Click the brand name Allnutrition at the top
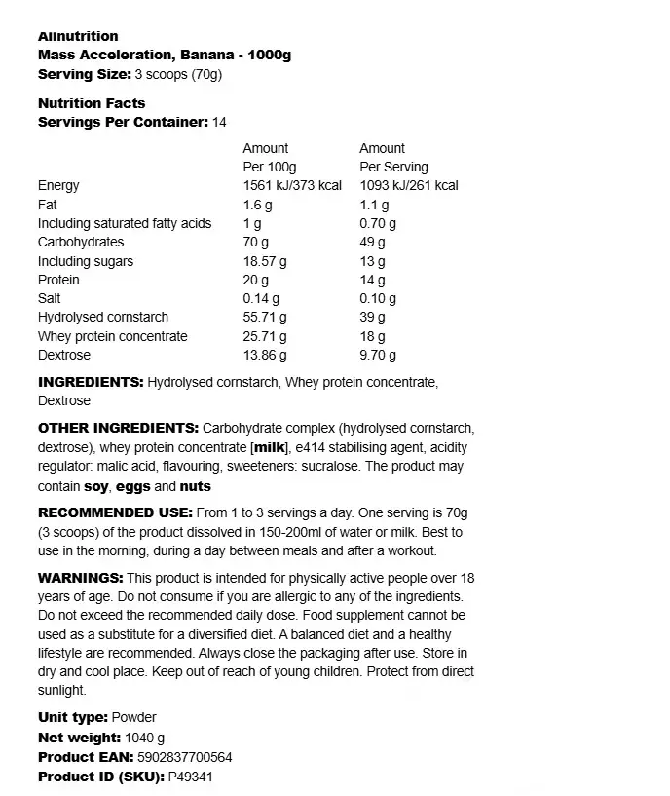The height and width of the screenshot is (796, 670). (x=78, y=36)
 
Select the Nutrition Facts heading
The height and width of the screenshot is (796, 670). (x=92, y=103)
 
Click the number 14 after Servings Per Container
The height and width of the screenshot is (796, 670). (x=219, y=122)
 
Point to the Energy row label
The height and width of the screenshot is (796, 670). (x=58, y=185)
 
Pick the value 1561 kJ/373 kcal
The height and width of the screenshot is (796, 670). (x=292, y=185)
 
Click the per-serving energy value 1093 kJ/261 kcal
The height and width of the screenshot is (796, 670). (x=409, y=185)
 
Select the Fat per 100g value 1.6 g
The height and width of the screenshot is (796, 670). (x=256, y=205)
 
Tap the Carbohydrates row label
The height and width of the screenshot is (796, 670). (x=81, y=242)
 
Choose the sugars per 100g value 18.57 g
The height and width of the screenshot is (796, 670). (x=265, y=261)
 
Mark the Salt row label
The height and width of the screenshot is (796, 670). (x=50, y=298)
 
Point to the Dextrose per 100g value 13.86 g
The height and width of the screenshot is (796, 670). (x=265, y=355)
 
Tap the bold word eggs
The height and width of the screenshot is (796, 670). (x=133, y=486)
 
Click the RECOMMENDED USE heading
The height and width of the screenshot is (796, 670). (x=114, y=513)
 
